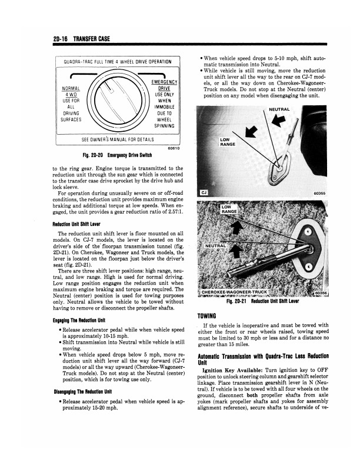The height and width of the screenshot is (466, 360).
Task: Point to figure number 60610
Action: coord(173,148)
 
